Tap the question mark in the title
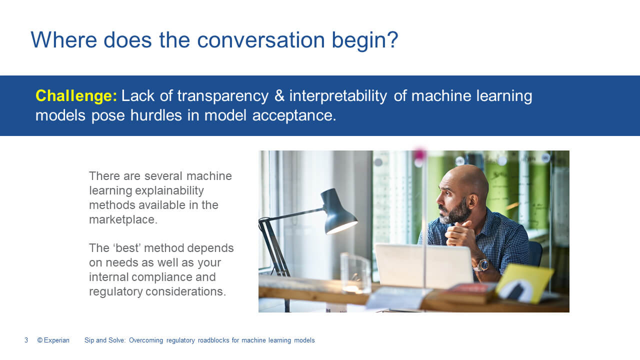click(x=393, y=39)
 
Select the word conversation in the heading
click(x=261, y=40)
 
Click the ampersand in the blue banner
click(x=279, y=95)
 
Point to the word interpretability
click(x=338, y=96)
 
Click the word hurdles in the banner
click(x=156, y=115)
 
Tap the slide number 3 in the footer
click(x=26, y=340)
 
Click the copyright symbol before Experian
click(x=40, y=340)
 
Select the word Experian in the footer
click(x=56, y=340)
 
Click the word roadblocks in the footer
click(x=213, y=340)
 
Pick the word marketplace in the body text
click(x=123, y=219)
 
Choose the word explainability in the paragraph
click(x=169, y=191)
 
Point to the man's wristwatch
click(x=482, y=265)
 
